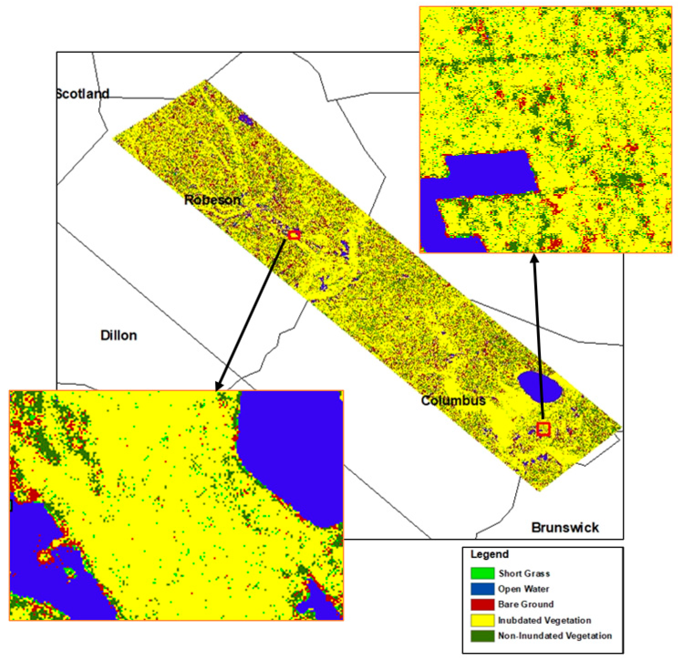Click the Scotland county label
83,94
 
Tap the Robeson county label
212,200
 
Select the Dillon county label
119,336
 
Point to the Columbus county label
453,401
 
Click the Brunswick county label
565,527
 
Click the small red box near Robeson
294,235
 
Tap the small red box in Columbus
543,429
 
